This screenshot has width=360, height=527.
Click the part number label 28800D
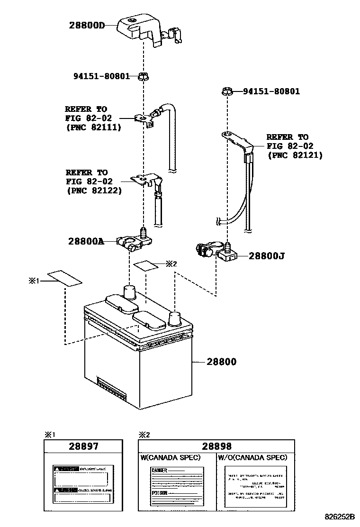[87, 25]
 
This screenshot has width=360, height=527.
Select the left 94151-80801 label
[101, 76]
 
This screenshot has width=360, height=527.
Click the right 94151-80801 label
[271, 91]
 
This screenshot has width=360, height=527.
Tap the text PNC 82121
[295, 155]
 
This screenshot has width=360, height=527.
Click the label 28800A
[86, 241]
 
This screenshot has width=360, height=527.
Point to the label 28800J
[267, 256]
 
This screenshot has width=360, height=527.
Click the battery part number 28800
[221, 362]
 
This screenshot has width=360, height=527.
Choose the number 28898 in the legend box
[216, 446]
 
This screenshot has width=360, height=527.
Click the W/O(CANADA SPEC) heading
[252, 457]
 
